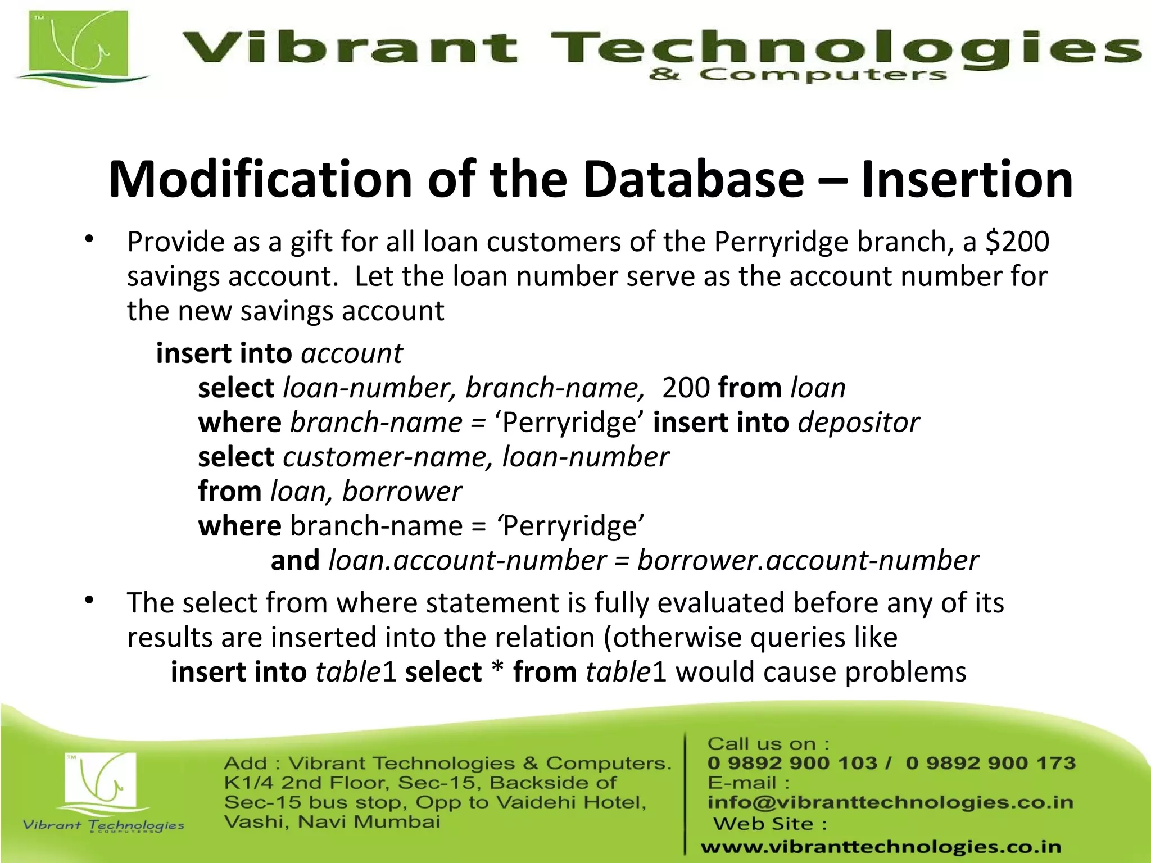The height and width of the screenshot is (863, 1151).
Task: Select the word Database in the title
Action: click(x=694, y=180)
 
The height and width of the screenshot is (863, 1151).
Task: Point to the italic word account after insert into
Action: click(x=352, y=354)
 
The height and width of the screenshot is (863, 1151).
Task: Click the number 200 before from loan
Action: click(x=686, y=388)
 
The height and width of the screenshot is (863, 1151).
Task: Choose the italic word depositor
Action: click(x=859, y=423)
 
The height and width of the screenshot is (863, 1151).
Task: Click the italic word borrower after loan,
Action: click(x=402, y=492)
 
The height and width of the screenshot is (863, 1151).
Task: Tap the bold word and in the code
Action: click(x=295, y=561)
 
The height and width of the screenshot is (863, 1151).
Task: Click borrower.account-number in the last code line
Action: click(x=808, y=561)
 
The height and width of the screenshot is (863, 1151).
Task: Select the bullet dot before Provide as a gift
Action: click(x=89, y=240)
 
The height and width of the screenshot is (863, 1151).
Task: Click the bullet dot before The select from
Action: click(x=89, y=601)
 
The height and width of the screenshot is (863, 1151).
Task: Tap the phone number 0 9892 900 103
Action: click(x=792, y=763)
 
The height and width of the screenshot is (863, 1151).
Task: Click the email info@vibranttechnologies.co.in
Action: click(x=890, y=802)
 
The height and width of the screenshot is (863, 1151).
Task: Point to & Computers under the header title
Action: click(x=798, y=75)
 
